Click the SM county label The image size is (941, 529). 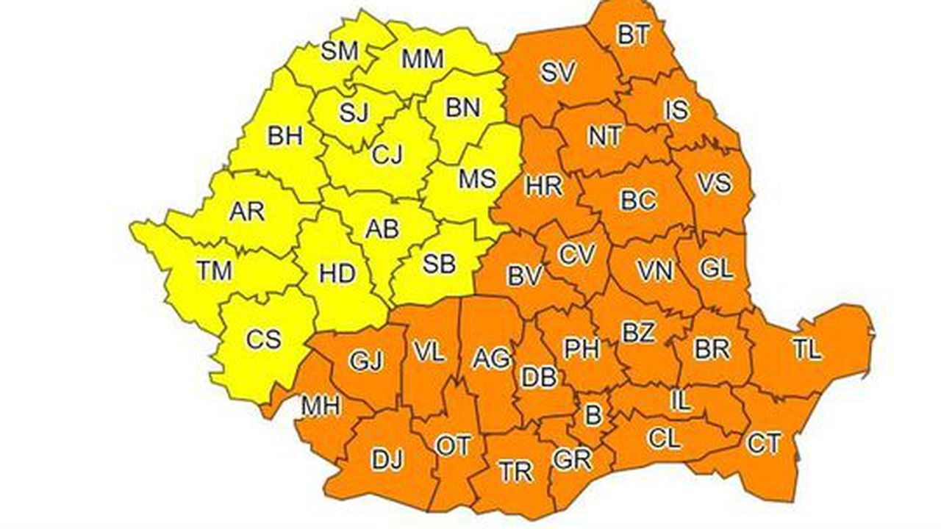click(340, 51)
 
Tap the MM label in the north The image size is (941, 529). click(422, 58)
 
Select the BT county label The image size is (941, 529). click(632, 35)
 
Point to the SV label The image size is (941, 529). click(558, 72)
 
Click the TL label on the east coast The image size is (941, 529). click(806, 350)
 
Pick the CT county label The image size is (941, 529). click(763, 443)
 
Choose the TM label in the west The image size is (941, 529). click(214, 271)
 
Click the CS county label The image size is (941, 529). click(263, 340)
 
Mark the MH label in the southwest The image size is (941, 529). click(321, 405)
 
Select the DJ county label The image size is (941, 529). click(387, 461)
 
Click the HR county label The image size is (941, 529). click(544, 186)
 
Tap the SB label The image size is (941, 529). click(439, 264)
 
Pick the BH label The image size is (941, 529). click(285, 136)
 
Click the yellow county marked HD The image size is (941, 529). click(337, 274)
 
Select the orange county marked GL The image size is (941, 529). click(716, 269)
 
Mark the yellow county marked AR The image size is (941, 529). click(246, 212)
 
